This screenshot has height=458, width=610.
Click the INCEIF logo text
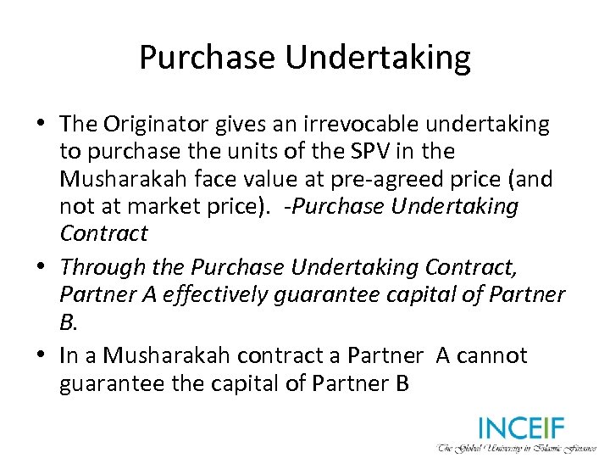click(521, 427)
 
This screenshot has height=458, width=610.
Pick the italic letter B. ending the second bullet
click(66, 321)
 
